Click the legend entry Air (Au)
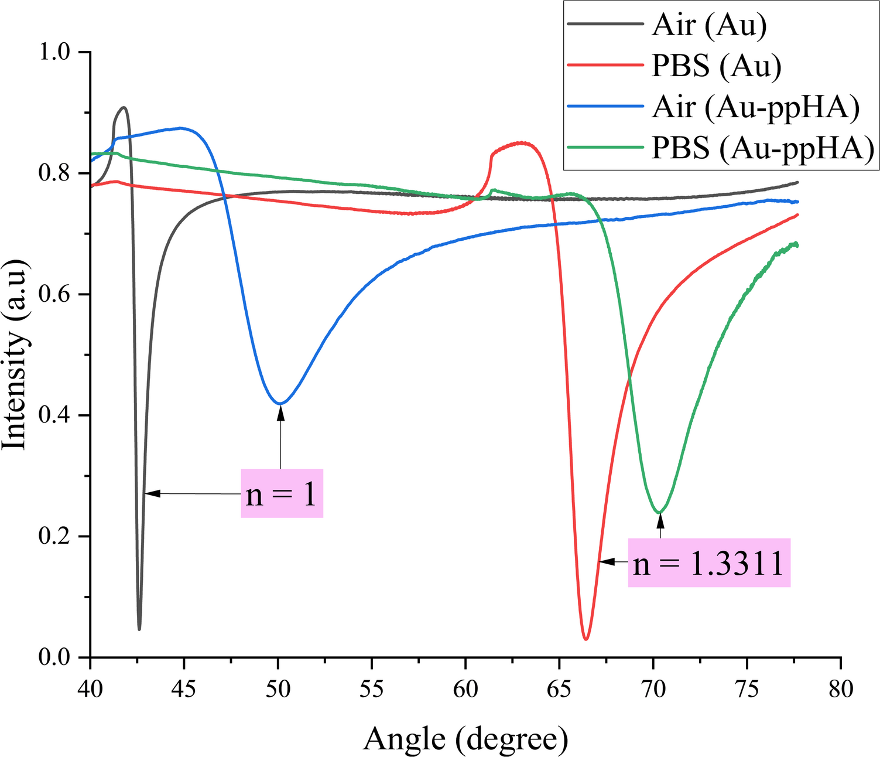708,25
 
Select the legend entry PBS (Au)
716,66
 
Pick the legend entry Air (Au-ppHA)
755,107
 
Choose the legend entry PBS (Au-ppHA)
763,148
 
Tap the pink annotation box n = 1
282,493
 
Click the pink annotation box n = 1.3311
709,562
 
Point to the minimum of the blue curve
280,403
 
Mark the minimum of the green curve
660,513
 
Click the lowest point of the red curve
585,639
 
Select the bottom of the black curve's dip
139,630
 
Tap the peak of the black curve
124,107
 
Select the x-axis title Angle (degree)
465,739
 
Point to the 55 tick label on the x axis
372,689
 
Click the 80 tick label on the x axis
841,689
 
